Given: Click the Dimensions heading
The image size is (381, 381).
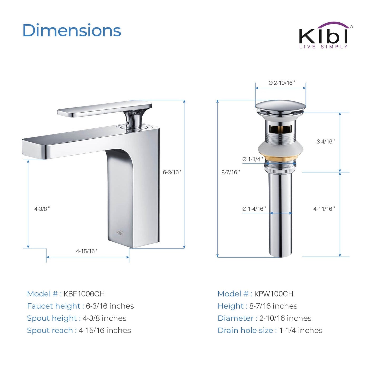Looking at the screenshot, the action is click(x=72, y=30).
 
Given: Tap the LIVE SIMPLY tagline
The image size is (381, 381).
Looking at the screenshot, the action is click(x=323, y=47).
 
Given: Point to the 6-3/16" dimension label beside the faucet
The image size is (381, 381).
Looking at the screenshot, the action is click(x=172, y=172).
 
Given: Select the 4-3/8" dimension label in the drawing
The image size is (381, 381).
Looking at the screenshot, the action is click(x=42, y=209).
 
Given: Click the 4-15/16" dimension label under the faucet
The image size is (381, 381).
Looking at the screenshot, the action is click(x=86, y=251).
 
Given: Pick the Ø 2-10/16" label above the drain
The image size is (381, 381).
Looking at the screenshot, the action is click(x=282, y=83).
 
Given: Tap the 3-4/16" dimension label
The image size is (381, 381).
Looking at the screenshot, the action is click(x=326, y=141).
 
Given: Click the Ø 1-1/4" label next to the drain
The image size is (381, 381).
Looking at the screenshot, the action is click(x=253, y=159).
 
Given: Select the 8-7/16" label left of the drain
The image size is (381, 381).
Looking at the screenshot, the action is click(x=230, y=172).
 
